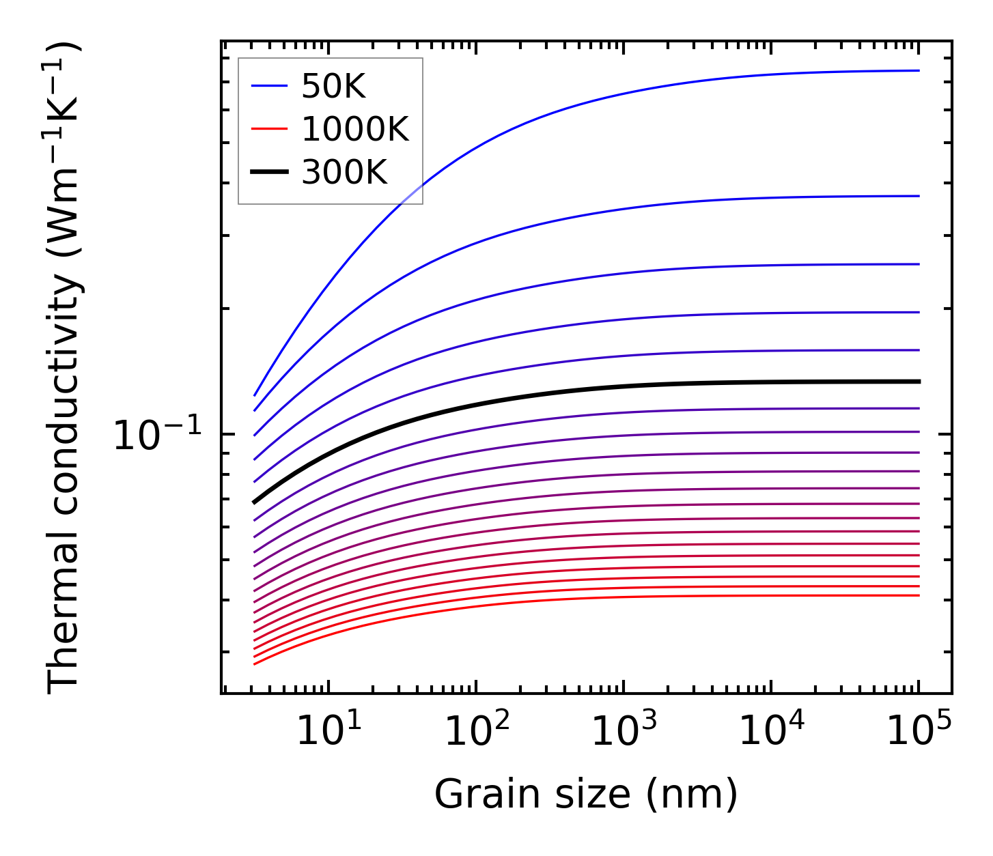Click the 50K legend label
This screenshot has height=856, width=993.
point(334,86)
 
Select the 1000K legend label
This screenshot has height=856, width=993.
point(355,129)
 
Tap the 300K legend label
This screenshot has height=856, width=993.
point(344,173)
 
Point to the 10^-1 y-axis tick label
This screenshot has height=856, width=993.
point(158,436)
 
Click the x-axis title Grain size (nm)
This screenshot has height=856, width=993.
point(586,795)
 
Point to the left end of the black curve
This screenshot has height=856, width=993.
point(255,502)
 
